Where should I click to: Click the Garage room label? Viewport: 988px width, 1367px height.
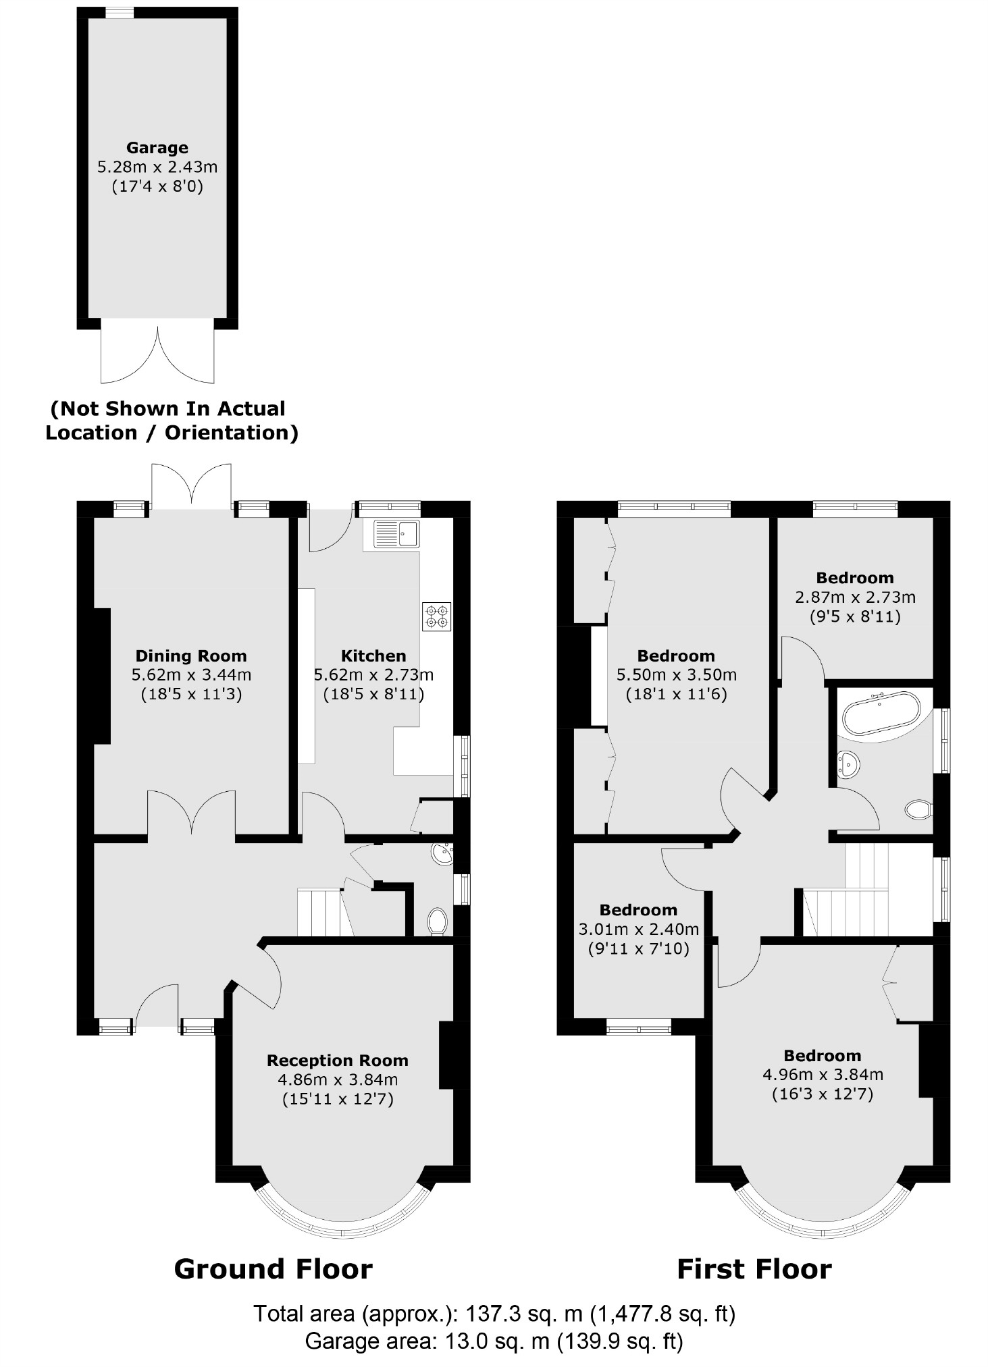157,148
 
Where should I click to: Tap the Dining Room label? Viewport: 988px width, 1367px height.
191,655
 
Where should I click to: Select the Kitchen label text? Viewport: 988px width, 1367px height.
373,655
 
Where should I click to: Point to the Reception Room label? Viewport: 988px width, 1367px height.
338,1061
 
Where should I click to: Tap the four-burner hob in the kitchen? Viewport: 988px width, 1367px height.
437,616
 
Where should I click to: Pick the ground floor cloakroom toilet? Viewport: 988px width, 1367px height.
438,921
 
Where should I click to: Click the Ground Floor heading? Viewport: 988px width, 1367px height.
273,1269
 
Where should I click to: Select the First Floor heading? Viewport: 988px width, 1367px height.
754,1269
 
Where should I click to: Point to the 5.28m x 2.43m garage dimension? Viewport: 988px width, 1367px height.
157,167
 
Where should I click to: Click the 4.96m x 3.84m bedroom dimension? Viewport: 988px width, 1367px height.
822,1075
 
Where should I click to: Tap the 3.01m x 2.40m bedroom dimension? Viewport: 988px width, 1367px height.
638,930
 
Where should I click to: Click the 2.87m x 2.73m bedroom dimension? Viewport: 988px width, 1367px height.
855,597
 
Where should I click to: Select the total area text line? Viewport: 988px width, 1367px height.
494,1314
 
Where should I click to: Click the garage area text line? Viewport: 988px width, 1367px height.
494,1341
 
